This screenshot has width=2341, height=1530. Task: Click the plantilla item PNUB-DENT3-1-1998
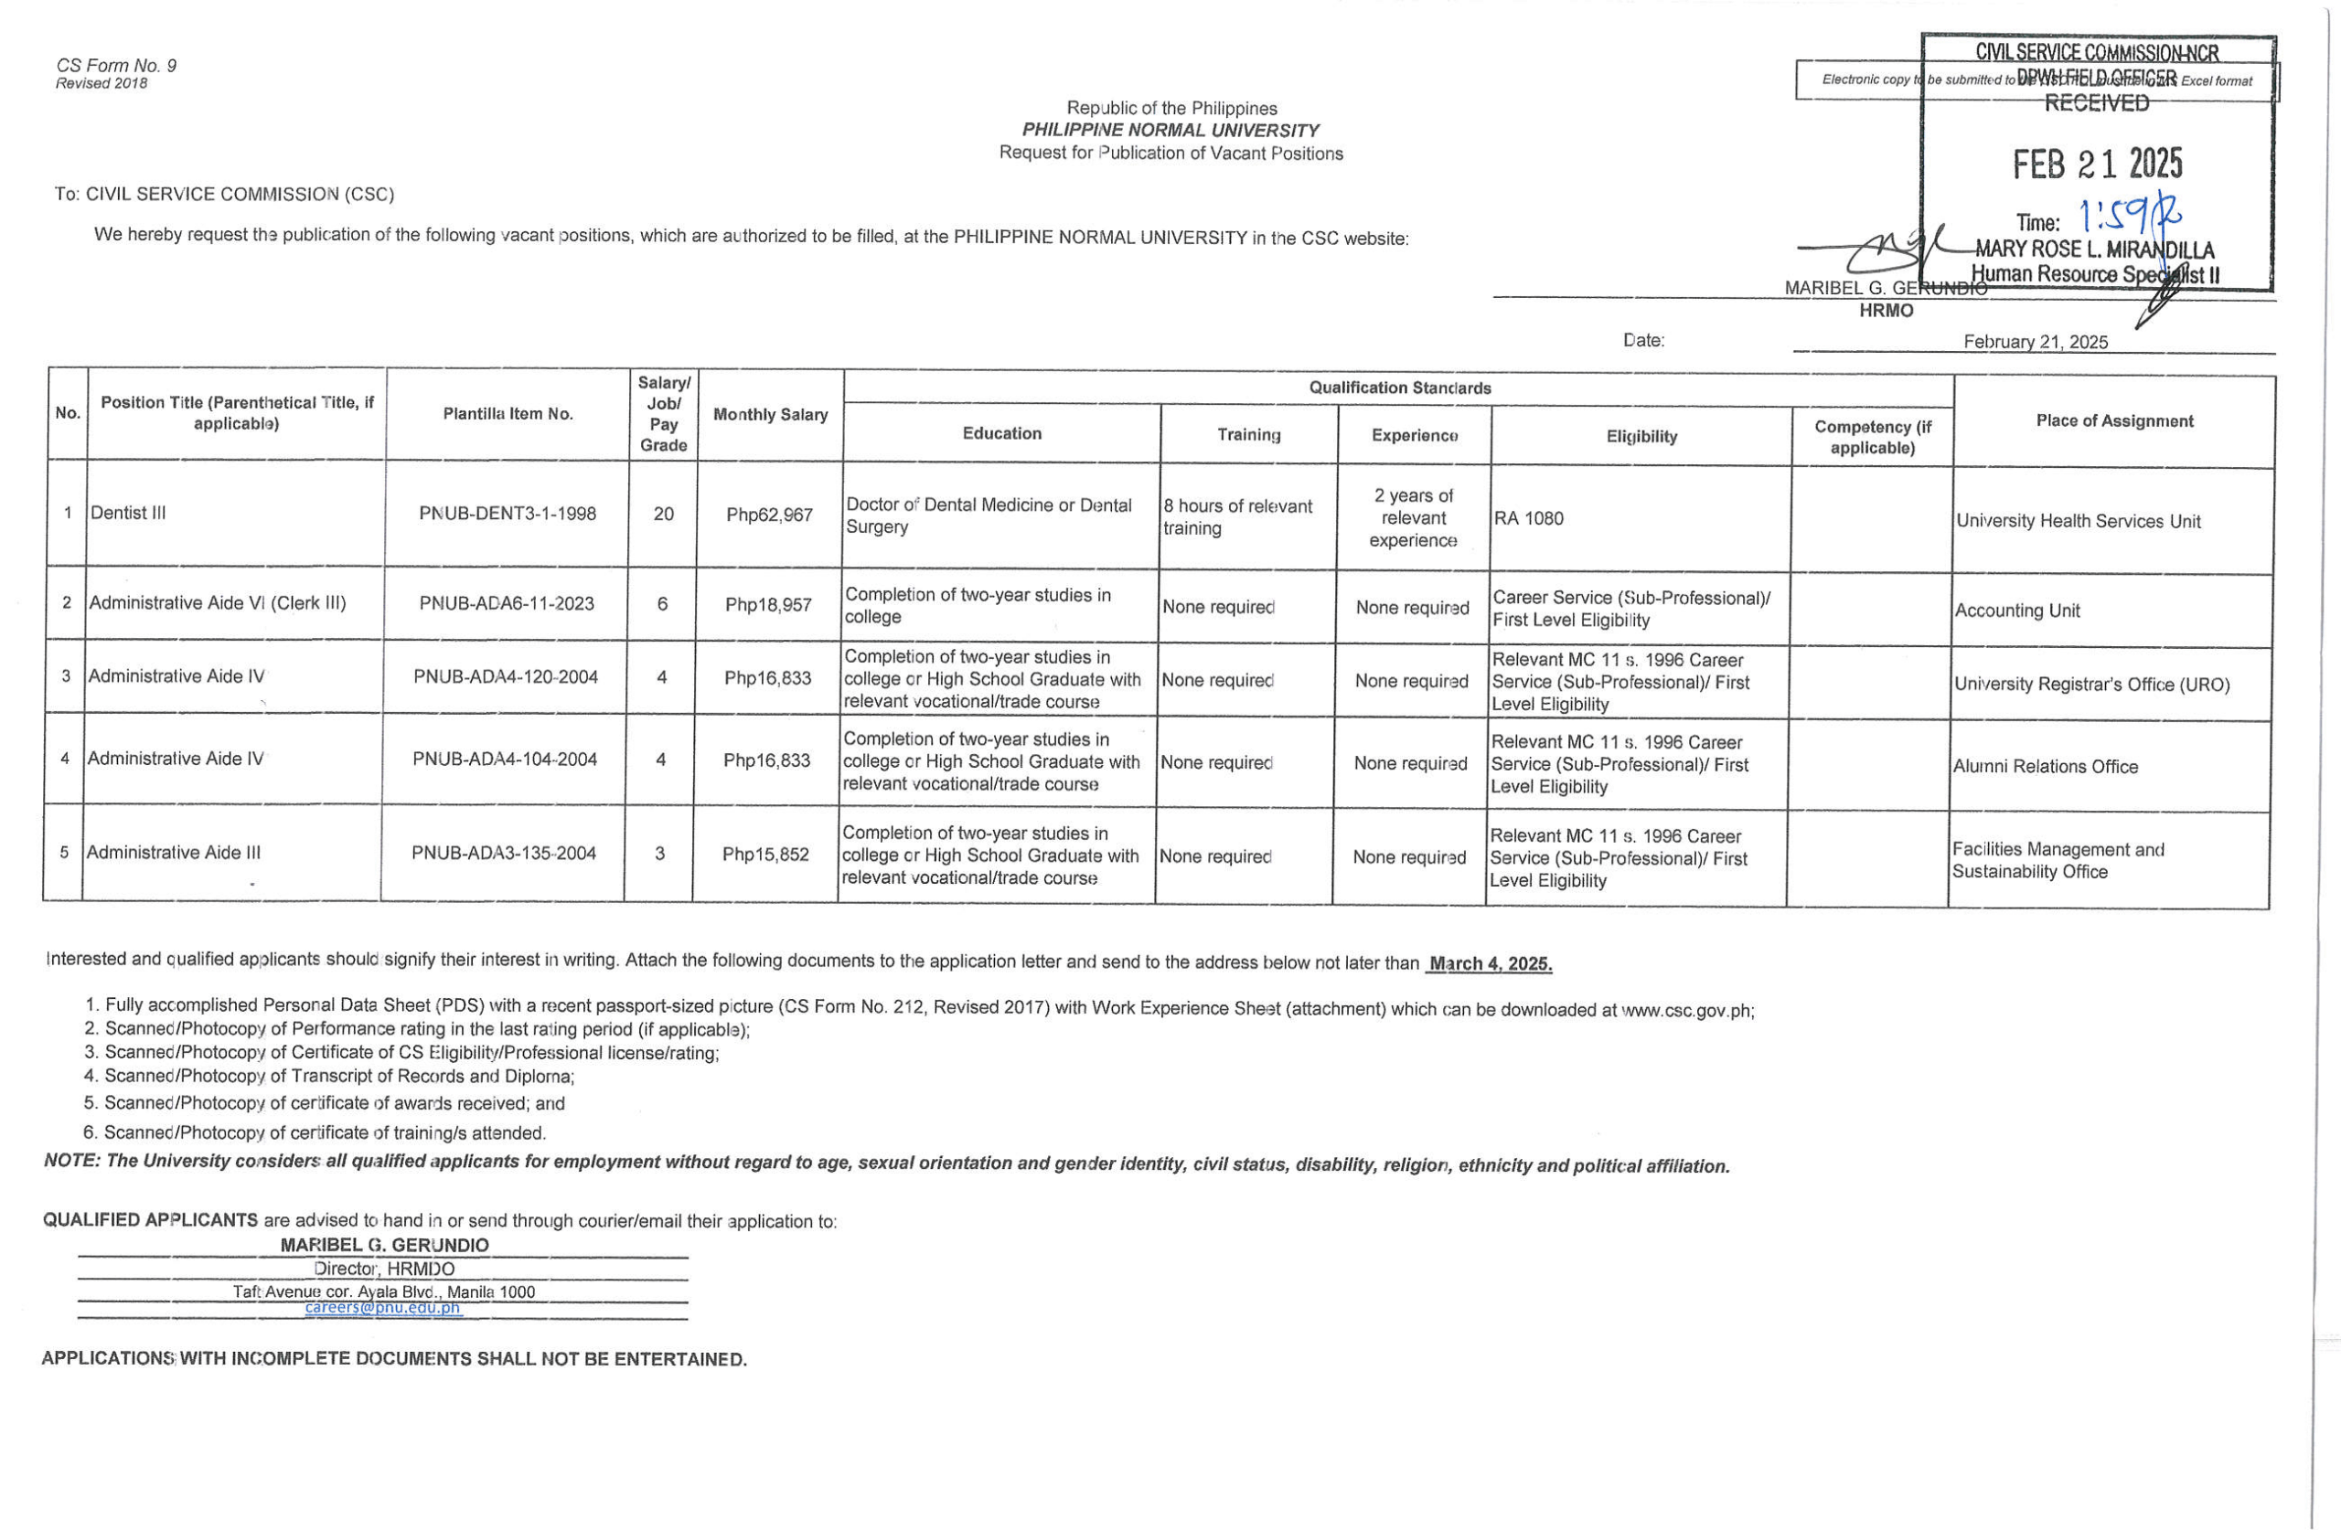(507, 514)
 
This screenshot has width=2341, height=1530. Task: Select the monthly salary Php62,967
(769, 515)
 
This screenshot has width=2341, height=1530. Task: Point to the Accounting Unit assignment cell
(2016, 611)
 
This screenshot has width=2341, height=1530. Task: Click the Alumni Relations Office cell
(2045, 766)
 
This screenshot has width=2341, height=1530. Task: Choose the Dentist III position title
(128, 513)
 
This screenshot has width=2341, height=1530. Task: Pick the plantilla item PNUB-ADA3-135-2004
(504, 853)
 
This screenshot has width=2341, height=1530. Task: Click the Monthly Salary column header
(770, 415)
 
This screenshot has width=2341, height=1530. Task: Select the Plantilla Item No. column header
(508, 414)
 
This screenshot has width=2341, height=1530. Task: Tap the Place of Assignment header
(2114, 420)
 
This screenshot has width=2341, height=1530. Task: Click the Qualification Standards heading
(1399, 388)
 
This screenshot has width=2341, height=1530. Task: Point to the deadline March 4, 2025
(1490, 963)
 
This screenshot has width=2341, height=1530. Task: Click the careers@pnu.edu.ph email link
(382, 1308)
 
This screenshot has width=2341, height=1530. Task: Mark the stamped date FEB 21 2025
(2097, 165)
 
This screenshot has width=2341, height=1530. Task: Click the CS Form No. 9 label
(116, 66)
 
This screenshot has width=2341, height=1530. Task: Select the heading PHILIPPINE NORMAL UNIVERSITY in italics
(1170, 130)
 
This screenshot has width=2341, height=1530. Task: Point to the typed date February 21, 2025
(2035, 341)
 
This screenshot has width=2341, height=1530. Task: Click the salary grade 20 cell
(663, 514)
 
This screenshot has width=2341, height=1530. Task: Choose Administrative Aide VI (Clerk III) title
(218, 602)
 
